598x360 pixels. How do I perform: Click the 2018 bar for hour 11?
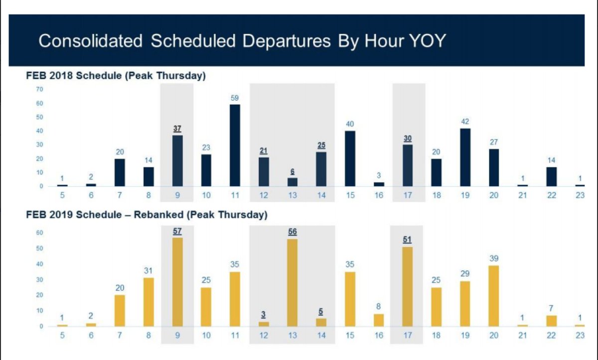point(235,145)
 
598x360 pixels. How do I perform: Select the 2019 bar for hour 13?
point(293,283)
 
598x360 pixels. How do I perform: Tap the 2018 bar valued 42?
point(465,157)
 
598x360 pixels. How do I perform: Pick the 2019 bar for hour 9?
point(177,282)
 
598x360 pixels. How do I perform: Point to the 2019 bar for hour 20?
point(493,296)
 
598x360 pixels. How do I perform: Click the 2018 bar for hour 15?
point(350,159)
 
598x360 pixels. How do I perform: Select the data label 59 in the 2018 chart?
point(235,98)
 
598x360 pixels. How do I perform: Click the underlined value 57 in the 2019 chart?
point(177,231)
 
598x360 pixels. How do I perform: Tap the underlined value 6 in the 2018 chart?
point(293,172)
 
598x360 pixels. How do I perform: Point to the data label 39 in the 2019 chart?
point(493,259)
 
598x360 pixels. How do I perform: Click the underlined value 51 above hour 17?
point(408,240)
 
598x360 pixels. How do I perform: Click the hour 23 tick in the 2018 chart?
point(580,195)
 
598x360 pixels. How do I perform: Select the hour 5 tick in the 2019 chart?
point(62,336)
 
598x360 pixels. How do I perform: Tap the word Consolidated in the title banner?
point(90,40)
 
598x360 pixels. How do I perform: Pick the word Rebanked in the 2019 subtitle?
point(153,215)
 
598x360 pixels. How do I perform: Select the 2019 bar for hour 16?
point(379,320)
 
